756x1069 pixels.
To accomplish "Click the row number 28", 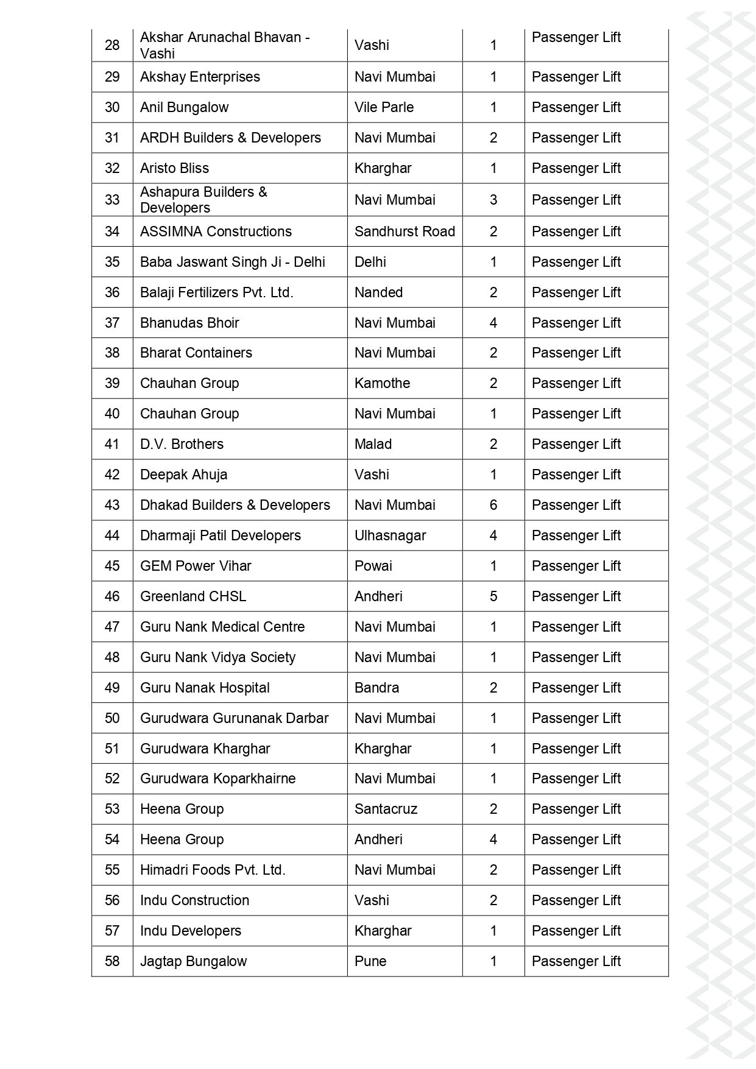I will pyautogui.click(x=112, y=45).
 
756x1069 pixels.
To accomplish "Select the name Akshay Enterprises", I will pyautogui.click(x=200, y=77).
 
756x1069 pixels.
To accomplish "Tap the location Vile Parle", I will pyautogui.click(x=384, y=107).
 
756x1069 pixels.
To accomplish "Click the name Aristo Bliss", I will pyautogui.click(x=174, y=168).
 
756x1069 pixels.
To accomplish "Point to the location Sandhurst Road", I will pyautogui.click(x=404, y=231).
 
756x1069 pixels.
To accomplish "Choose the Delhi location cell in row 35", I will pyautogui.click(x=370, y=262).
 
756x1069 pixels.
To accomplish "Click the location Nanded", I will pyautogui.click(x=378, y=292).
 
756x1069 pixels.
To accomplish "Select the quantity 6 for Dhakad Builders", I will pyautogui.click(x=493, y=505).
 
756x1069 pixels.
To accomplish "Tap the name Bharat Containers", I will pyautogui.click(x=196, y=353).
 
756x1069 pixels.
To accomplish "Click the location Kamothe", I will pyautogui.click(x=382, y=383).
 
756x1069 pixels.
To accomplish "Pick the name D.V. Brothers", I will pyautogui.click(x=182, y=444).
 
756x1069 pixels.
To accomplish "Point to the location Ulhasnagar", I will pyautogui.click(x=390, y=535).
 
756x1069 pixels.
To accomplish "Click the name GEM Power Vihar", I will pyautogui.click(x=196, y=566).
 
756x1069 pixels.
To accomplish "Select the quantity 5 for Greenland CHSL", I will pyautogui.click(x=493, y=596).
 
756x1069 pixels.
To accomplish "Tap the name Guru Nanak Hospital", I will pyautogui.click(x=205, y=688).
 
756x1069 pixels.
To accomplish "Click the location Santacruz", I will pyautogui.click(x=386, y=809).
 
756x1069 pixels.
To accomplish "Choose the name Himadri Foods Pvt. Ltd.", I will pyautogui.click(x=213, y=870).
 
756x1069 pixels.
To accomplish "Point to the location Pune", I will pyautogui.click(x=370, y=961).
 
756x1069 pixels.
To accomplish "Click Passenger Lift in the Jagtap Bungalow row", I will pyautogui.click(x=576, y=961).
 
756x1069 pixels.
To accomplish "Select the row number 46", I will pyautogui.click(x=112, y=596).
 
